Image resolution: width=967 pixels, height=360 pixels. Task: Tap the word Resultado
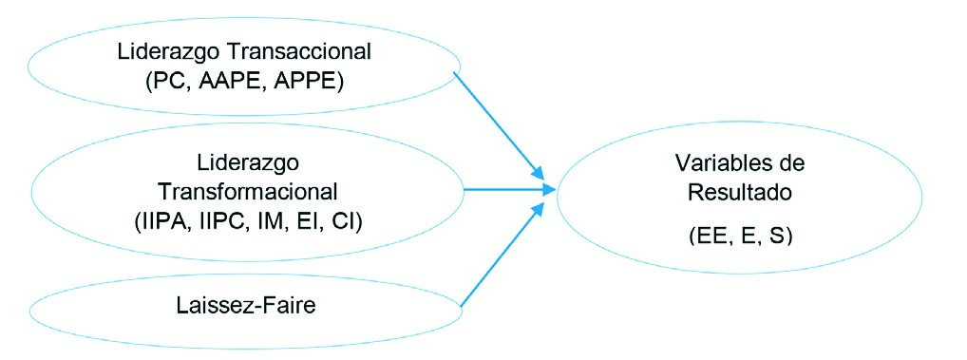click(737, 190)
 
